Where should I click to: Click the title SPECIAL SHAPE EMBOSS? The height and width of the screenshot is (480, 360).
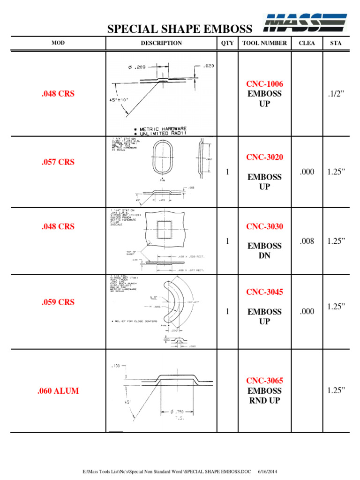[x=180, y=30]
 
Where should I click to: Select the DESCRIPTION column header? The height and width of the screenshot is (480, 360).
[x=161, y=43]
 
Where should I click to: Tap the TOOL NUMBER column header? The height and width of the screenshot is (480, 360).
[x=264, y=43]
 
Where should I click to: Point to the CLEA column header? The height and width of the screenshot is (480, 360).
[x=307, y=43]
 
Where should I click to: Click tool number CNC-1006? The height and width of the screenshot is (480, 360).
[x=265, y=84]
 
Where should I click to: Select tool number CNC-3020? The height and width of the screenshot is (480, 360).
[x=265, y=157]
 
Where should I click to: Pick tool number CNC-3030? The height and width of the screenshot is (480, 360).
[x=265, y=226]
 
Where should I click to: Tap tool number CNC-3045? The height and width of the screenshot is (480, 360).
[x=265, y=292]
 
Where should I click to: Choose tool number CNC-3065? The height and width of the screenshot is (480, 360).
[x=265, y=381]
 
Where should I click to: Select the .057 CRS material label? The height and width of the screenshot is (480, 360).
[x=58, y=162]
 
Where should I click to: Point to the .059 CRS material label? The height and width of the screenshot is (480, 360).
[x=58, y=302]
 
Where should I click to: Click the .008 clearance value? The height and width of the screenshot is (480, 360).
[x=307, y=241]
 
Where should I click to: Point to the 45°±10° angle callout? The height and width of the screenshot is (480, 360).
[x=119, y=100]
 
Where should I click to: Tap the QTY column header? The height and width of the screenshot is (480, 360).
[x=227, y=43]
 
